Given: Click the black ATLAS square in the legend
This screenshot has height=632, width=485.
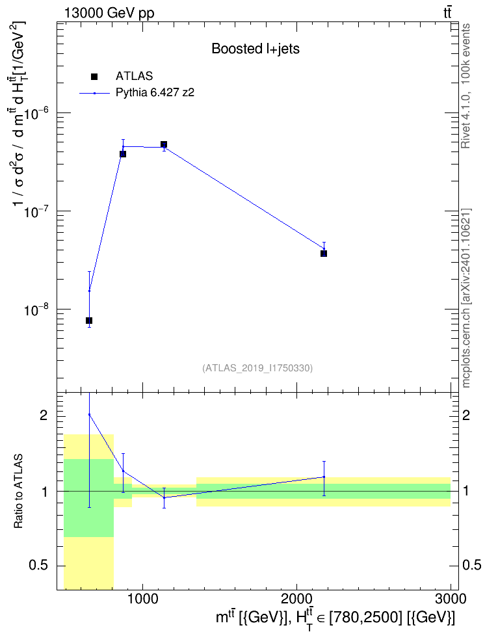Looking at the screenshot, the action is [x=94, y=76].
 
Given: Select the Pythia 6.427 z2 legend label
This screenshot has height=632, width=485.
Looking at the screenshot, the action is [x=155, y=93].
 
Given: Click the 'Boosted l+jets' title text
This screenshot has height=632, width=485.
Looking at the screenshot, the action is [x=256, y=49].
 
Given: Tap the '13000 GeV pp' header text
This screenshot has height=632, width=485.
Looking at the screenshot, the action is [x=109, y=13].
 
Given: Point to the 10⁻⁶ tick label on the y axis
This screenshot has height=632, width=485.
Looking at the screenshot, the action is [x=36, y=113].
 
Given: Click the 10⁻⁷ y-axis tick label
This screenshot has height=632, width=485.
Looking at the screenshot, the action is [x=36, y=211].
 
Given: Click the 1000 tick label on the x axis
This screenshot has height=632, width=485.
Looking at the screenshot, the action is [x=143, y=598].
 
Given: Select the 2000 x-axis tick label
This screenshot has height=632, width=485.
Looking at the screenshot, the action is [x=296, y=598].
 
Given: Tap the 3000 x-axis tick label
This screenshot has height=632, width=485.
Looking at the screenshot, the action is [x=451, y=598].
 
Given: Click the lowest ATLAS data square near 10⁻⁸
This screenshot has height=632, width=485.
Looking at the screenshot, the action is [x=89, y=321].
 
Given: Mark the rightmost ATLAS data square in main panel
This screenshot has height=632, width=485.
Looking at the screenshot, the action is [x=324, y=254].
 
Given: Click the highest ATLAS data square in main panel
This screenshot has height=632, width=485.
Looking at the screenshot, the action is [x=164, y=144].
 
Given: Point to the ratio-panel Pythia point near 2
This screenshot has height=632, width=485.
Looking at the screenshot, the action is [x=90, y=414].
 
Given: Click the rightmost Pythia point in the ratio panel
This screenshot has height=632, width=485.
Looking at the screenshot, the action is [x=324, y=477].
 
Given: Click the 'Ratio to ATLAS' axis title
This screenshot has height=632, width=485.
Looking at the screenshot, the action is [x=18, y=492].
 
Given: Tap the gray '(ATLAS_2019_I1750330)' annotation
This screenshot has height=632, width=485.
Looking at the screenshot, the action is [x=257, y=367].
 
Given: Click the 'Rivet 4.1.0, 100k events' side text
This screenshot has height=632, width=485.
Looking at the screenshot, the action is [x=465, y=86].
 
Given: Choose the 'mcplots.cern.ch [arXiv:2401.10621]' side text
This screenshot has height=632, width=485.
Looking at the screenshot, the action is [x=466, y=298].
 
